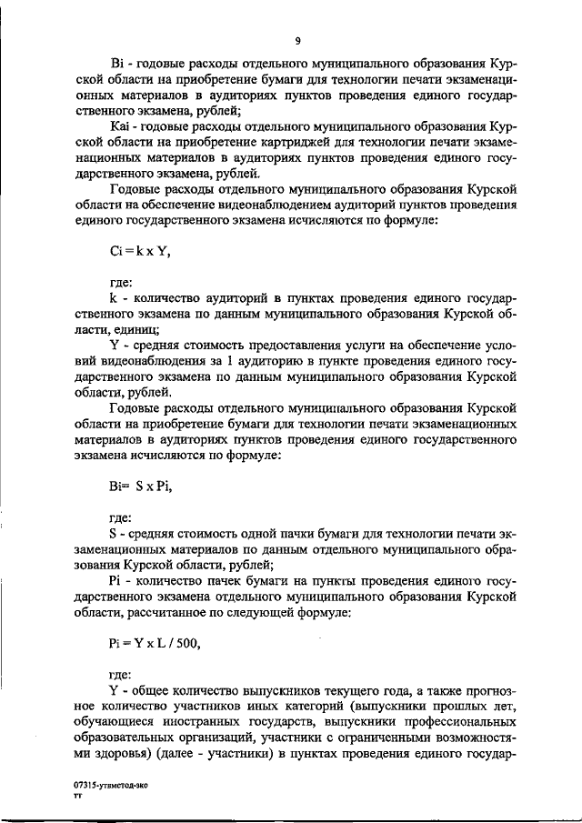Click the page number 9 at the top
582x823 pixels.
(297, 41)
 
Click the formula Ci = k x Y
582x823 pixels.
(139, 253)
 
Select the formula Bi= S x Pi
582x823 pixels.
(140, 487)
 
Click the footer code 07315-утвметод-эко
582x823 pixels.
(112, 783)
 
